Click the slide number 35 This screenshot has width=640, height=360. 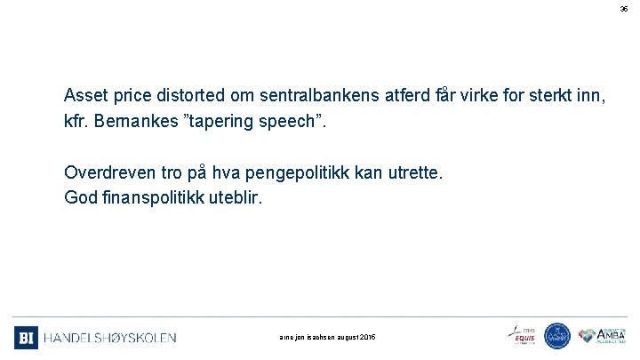[x=623, y=8]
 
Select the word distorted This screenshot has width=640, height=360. [x=190, y=94]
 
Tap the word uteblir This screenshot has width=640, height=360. [x=234, y=196]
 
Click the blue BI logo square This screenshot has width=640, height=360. [x=26, y=338]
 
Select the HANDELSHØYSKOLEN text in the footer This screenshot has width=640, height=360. [x=110, y=338]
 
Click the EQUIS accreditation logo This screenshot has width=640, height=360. [x=522, y=335]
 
